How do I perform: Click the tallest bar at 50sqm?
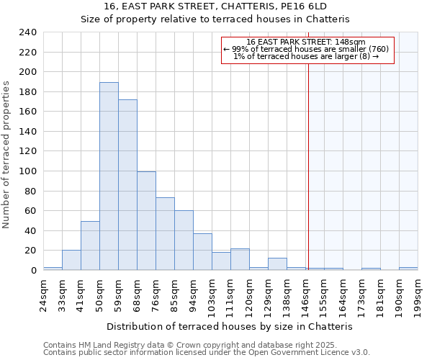[109, 176]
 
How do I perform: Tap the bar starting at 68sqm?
[146, 220]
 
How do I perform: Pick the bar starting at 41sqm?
[90, 246]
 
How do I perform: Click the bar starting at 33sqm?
[71, 260]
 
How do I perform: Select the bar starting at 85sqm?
[184, 240]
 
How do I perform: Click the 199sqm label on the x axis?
[418, 295]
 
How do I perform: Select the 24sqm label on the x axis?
[43, 295]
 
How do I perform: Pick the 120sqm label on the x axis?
[249, 295]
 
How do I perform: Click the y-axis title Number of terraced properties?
[6, 155]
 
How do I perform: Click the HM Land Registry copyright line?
[205, 345]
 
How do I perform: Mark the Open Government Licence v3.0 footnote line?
[205, 352]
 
